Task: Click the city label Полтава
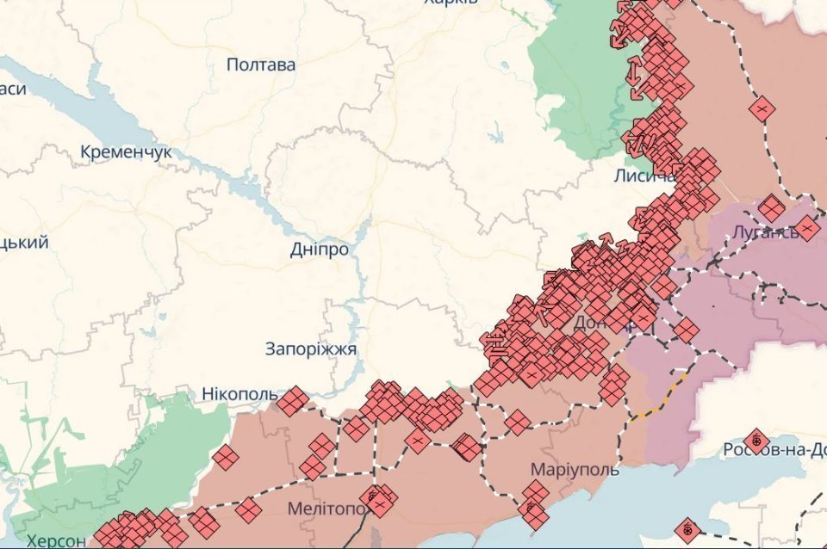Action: click(261, 65)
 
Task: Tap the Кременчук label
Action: click(126, 152)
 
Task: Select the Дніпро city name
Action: click(320, 250)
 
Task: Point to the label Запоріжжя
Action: click(311, 349)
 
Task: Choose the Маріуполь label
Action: click(575, 471)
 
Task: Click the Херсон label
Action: click(55, 541)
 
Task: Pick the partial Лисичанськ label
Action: click(644, 176)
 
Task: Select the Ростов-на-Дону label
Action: click(774, 449)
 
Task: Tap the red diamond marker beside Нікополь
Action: click(293, 400)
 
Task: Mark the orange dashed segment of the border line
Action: click(659, 398)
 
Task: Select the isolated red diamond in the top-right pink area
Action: click(762, 109)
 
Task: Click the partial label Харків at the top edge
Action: click(451, 3)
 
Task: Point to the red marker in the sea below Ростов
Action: click(687, 529)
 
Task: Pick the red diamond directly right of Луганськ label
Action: click(807, 229)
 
